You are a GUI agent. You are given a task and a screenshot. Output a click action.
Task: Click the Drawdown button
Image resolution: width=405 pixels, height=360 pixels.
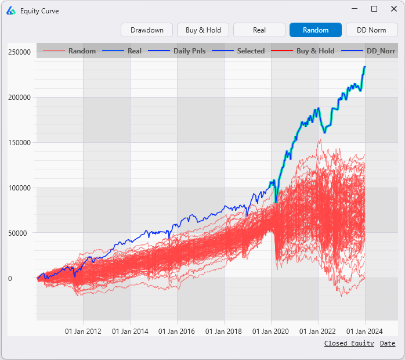pos(147,30)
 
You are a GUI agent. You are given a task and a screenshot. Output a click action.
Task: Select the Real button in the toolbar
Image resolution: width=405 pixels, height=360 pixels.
pos(259,30)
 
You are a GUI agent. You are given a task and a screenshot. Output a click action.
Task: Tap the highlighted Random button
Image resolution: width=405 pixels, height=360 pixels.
pos(316,30)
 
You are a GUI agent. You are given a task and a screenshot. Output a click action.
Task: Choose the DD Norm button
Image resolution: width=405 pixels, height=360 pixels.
pos(371,30)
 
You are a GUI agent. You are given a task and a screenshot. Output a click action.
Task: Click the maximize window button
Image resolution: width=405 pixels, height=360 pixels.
pos(374,9)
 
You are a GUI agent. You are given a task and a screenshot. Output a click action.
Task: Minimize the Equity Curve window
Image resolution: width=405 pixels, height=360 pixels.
pos(356,9)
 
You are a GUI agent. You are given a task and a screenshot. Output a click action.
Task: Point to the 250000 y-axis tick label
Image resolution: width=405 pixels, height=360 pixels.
pos(19,52)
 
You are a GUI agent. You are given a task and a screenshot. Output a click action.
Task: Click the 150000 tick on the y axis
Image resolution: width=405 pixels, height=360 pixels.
pos(19,143)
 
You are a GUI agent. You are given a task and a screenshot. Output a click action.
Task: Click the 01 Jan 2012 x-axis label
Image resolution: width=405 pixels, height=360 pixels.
pos(83,332)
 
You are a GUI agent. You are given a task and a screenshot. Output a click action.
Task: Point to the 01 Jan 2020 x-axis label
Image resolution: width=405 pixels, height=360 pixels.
pos(271,332)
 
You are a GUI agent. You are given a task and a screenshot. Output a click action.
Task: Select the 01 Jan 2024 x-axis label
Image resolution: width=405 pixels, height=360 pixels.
pos(365,332)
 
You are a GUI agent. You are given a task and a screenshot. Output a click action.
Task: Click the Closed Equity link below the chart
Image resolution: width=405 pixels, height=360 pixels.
pos(349,344)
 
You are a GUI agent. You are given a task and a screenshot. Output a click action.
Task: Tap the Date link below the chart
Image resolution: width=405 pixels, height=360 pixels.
pos(388,344)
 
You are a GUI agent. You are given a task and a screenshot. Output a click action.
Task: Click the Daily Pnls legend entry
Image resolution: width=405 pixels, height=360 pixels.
pos(189,51)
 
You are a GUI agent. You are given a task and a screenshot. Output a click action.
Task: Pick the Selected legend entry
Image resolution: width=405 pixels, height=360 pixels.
pos(251,51)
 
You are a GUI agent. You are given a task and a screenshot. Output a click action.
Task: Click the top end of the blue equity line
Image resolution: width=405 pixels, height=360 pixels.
pos(365,67)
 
